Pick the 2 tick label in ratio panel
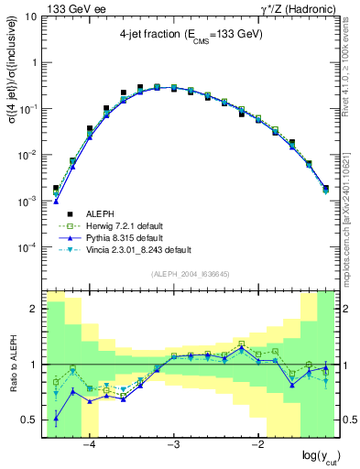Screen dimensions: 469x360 click(x=35, y=310)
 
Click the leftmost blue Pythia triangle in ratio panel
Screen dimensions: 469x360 click(x=56, y=419)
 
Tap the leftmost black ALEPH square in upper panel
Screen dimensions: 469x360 click(x=56, y=188)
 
